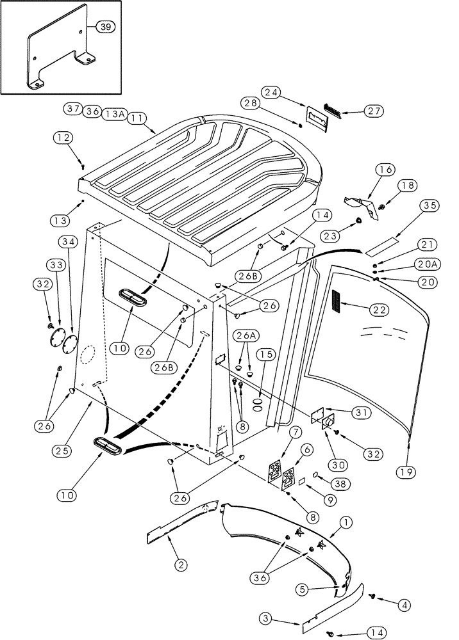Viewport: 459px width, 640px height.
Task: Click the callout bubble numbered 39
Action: [x=106, y=26]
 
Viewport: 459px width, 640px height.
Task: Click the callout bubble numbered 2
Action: [x=181, y=564]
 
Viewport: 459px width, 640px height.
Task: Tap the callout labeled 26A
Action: [x=242, y=336]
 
